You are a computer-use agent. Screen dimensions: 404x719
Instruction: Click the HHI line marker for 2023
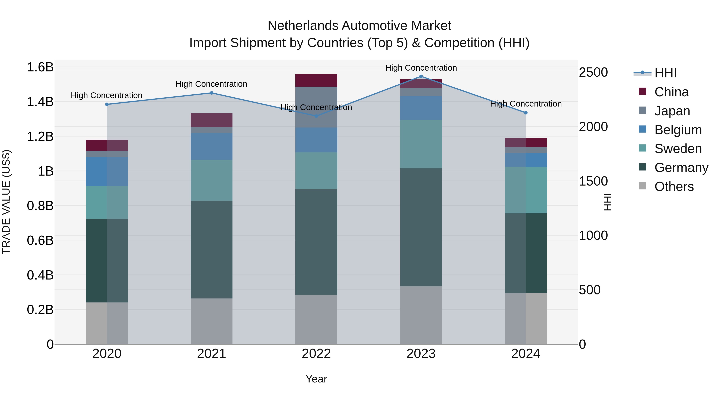421,76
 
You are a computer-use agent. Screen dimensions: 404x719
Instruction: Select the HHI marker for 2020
107,104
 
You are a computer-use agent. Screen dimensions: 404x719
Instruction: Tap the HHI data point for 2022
316,116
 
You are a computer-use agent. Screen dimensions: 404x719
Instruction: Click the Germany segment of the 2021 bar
211,250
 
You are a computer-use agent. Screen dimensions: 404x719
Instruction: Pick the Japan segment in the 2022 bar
316,107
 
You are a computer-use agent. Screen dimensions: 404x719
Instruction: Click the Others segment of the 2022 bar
316,320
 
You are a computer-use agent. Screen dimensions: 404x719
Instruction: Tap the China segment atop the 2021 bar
211,120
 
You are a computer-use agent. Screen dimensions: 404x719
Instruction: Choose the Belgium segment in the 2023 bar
421,108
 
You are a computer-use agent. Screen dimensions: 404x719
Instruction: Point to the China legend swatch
642,91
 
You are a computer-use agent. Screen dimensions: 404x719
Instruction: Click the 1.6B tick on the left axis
40,67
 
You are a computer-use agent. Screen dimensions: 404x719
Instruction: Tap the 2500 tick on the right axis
593,72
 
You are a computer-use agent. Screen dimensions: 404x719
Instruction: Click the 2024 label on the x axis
526,354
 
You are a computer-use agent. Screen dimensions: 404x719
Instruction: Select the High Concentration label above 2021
211,84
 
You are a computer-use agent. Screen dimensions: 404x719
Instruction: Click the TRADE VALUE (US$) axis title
6,202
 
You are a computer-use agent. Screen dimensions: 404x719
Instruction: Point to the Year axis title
316,379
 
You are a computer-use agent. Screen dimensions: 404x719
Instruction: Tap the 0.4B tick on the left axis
40,275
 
